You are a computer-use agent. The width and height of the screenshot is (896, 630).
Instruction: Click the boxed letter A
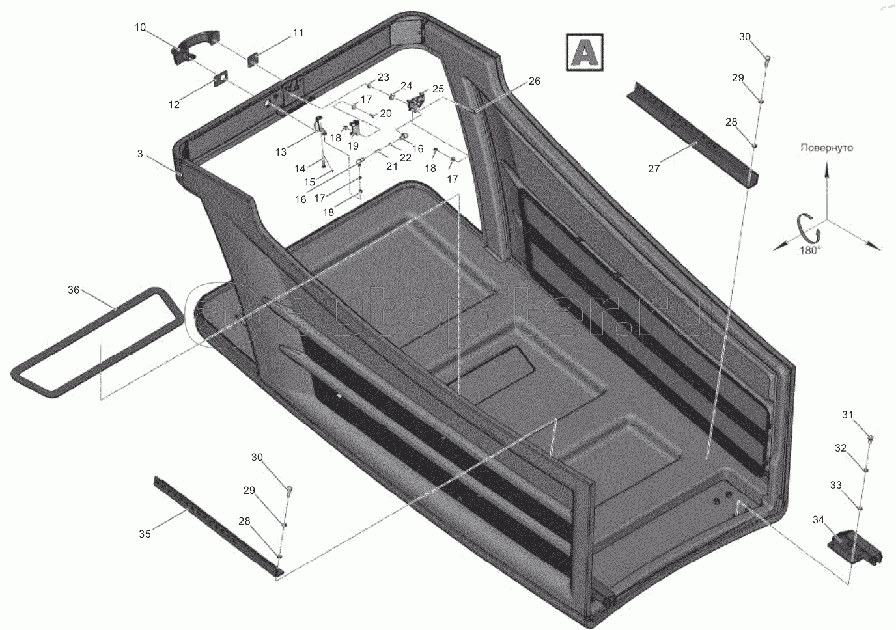pos(584,52)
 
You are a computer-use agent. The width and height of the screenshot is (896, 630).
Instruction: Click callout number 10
pos(140,27)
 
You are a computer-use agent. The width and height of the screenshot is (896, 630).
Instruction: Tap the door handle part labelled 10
pos(195,46)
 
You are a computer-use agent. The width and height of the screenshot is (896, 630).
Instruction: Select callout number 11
pos(298,33)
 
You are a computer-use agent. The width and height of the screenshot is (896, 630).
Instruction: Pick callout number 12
pos(174,104)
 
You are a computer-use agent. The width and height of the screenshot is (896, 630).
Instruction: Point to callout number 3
pos(140,154)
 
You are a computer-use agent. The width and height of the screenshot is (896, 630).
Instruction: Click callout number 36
pos(74,290)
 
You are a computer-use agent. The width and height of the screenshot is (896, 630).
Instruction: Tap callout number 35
pos(145,534)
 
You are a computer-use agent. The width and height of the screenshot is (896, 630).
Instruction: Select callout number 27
pos(654,169)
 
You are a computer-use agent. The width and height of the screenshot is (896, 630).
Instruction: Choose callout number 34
pos(819,519)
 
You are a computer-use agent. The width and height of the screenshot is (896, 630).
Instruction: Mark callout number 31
pos(848,415)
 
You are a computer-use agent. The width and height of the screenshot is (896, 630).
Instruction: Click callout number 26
pos(535,81)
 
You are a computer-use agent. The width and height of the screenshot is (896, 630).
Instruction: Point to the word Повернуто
pos(826,148)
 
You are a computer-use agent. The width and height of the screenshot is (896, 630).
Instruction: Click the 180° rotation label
pos(811,251)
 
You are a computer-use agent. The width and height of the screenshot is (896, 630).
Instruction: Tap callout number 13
pos(281,152)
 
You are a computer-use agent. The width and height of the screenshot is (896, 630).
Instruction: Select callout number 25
pos(438,89)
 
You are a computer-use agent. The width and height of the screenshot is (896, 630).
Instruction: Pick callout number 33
pos(835,485)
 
